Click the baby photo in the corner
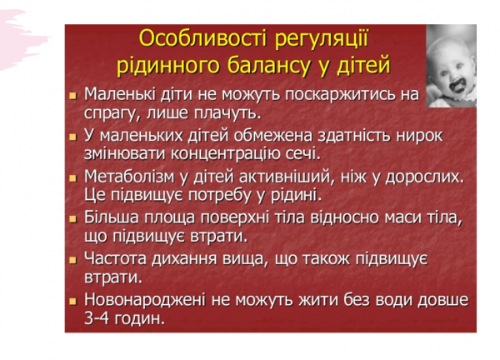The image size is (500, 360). (451, 65)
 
